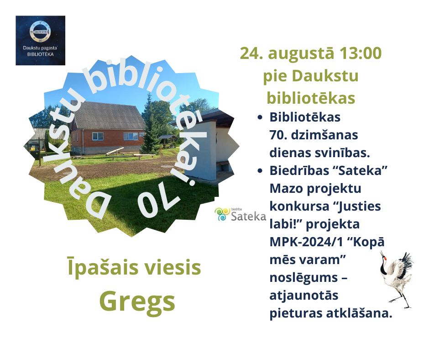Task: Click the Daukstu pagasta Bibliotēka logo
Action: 41,41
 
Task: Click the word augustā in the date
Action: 301,54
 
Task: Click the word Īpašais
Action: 102,267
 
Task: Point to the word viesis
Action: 172,267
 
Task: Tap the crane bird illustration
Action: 396,280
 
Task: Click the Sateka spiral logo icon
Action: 222,214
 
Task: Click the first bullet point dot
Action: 260,117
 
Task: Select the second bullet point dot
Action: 260,171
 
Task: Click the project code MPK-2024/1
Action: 306,242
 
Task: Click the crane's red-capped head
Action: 384,258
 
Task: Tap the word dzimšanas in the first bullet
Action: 324,135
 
